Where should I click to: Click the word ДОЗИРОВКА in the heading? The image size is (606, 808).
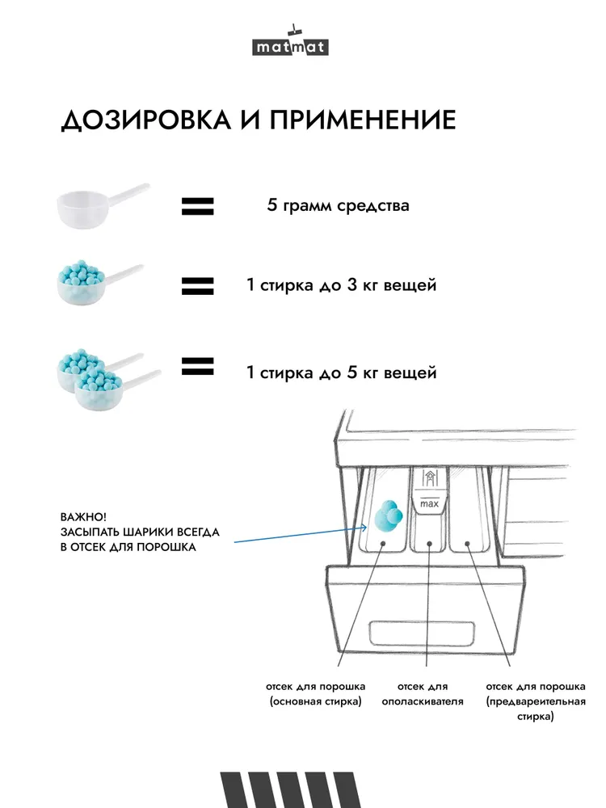pos(146,120)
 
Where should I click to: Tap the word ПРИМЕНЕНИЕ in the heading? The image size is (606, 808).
pos(363,120)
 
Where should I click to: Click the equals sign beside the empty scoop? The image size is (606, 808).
pos(197,206)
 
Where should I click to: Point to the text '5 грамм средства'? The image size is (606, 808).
pos(338,205)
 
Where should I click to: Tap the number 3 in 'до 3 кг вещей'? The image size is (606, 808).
pos(352,284)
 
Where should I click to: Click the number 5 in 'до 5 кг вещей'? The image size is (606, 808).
pos(352,372)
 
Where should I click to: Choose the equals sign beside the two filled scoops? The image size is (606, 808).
pos(197,366)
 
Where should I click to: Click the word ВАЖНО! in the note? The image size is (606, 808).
pos(83,517)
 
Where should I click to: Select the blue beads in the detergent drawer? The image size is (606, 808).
pos(389,516)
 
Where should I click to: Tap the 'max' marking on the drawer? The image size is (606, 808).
pos(429,503)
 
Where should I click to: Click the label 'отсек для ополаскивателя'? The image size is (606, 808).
pos(423,693)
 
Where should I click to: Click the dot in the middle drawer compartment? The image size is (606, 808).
pos(429,543)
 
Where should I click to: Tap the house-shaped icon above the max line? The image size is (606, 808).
pos(429,478)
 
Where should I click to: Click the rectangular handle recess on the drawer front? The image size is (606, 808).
pos(422,633)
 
